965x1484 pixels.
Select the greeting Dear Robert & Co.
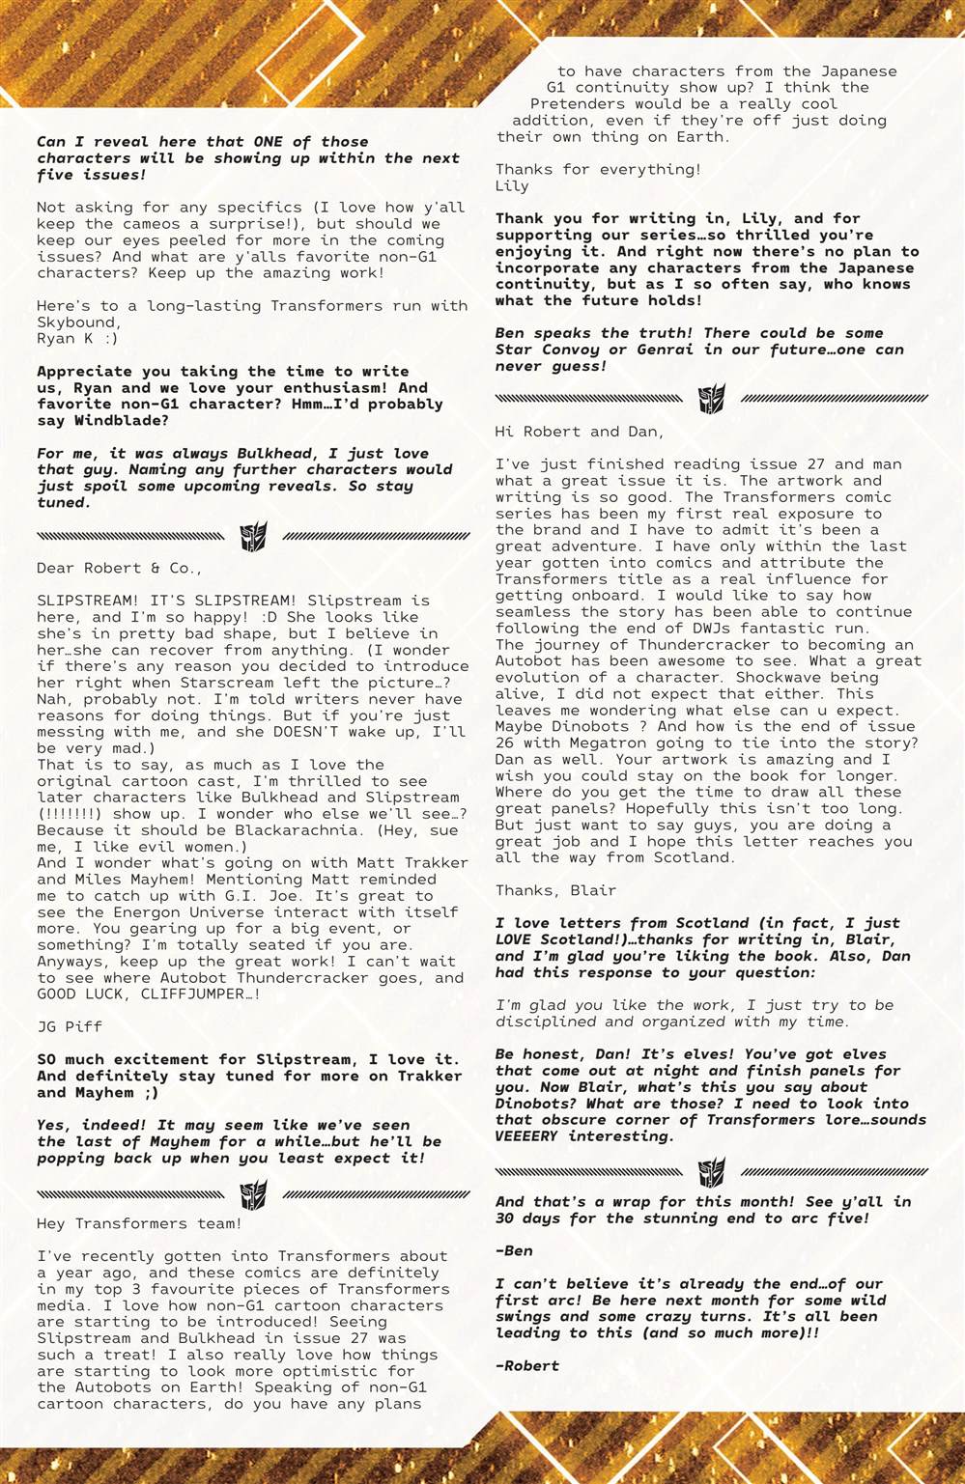pyautogui.click(x=120, y=569)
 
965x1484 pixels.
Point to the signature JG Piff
pyautogui.click(x=70, y=1027)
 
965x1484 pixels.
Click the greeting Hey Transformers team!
pyautogui.click(x=139, y=1224)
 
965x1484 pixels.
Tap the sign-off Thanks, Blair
pyautogui.click(x=555, y=891)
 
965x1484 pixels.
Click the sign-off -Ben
pyautogui.click(x=514, y=1251)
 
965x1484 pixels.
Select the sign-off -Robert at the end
pyautogui.click(x=527, y=1366)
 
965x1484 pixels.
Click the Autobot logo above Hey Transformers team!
pyautogui.click(x=253, y=1193)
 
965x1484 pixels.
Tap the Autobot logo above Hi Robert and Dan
pyautogui.click(x=712, y=399)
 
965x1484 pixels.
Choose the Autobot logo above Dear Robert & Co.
pyautogui.click(x=253, y=536)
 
